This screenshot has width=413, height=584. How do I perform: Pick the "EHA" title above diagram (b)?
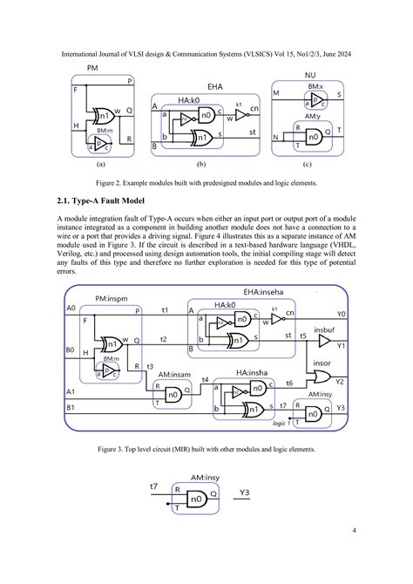(215, 87)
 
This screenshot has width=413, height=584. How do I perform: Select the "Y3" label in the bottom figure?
(246, 492)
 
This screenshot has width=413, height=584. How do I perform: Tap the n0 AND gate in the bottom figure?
(198, 500)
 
